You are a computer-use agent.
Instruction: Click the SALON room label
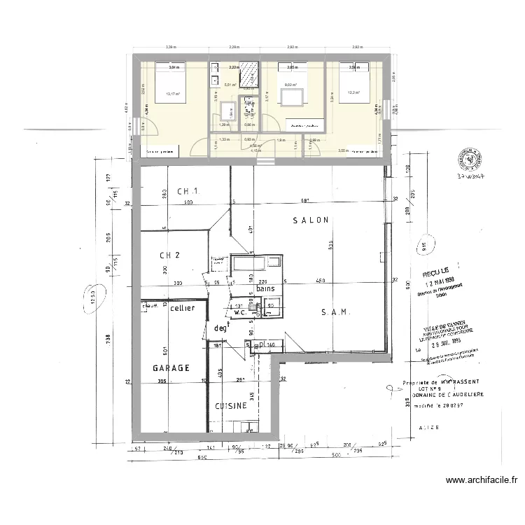(310, 220)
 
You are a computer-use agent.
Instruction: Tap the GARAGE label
(171, 367)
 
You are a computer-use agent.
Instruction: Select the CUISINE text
(230, 405)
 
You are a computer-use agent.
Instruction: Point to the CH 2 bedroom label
(170, 255)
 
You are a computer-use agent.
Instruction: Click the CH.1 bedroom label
(188, 192)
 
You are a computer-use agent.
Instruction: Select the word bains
(265, 288)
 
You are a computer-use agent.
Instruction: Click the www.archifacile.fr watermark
(482, 481)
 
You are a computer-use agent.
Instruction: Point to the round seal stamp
(470, 158)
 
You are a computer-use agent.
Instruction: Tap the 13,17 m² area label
(172, 94)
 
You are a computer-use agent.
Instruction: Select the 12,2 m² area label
(353, 92)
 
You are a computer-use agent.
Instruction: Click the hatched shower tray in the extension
(248, 73)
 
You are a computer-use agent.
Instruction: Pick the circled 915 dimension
(424, 245)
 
